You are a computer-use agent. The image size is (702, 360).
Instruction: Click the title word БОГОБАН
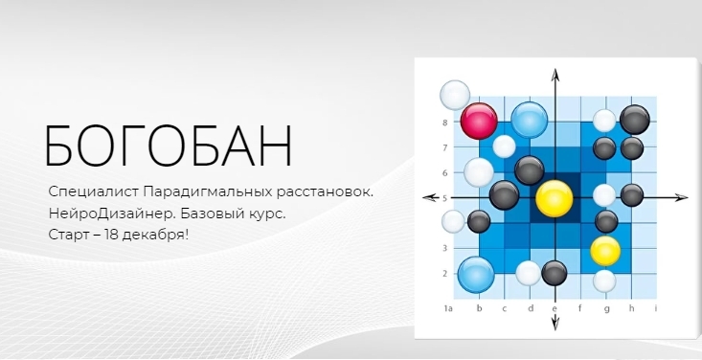pos(169,146)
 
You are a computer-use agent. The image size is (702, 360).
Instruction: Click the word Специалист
pos(95,192)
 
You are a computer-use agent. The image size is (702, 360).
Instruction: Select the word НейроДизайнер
pos(111,214)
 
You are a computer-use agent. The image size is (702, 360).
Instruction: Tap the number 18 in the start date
pos(111,235)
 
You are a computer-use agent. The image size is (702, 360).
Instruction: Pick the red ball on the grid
pos(479,121)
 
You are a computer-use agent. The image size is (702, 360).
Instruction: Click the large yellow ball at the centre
pos(555,199)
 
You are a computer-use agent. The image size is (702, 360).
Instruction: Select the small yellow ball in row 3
pos(605,251)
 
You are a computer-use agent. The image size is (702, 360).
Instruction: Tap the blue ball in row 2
pos(476,275)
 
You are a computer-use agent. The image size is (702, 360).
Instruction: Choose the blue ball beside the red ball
pos(530,120)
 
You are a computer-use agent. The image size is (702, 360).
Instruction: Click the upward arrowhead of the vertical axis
pos(555,76)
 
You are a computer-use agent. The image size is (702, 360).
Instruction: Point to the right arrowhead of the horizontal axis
pos(681,198)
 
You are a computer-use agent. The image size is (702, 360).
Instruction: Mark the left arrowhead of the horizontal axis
pos(430,197)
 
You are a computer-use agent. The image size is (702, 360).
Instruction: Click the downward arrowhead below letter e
pos(555,322)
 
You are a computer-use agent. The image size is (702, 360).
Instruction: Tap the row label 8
pos(445,123)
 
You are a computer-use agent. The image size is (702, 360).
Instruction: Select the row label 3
pos(445,248)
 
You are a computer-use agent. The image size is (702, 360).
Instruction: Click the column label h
pos(631,308)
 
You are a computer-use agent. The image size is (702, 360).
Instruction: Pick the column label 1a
pos(448,308)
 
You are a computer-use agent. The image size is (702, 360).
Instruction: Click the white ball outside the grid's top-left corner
pos(455,95)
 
